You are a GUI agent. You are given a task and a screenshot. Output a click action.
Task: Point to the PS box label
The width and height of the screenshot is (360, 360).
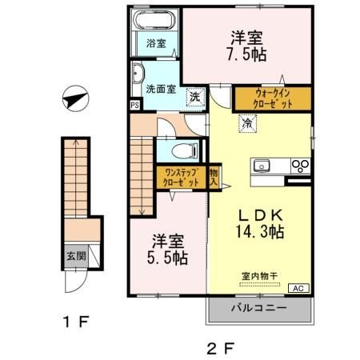pos(134,104)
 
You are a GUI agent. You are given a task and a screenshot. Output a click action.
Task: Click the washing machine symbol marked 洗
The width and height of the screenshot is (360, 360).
pos(194,97)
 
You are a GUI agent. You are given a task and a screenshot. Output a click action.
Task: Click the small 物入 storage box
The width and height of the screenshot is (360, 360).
pos(214,176)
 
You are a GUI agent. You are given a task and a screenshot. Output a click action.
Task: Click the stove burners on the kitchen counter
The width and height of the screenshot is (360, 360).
pos(302,166)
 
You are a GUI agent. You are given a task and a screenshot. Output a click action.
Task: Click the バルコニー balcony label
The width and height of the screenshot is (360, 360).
pos(260,308)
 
